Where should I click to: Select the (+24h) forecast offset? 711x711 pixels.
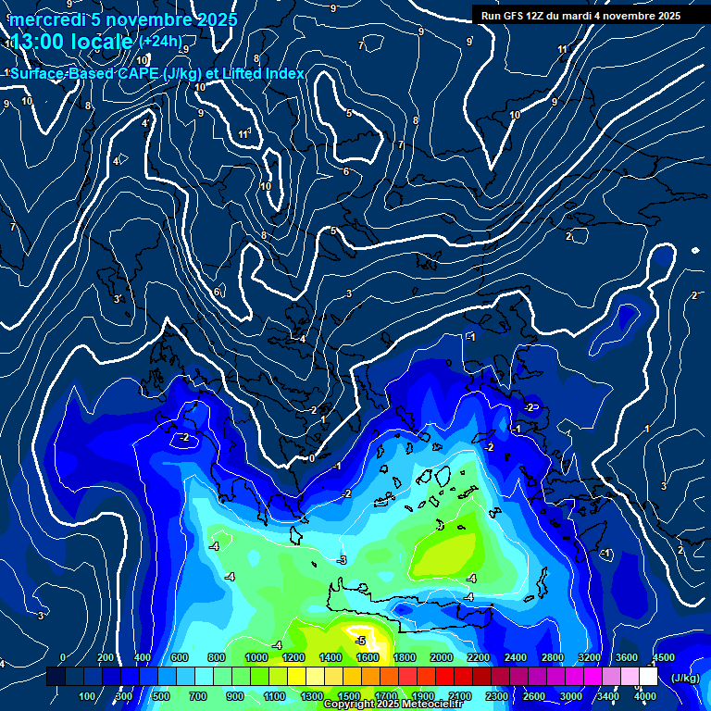coord(162,41)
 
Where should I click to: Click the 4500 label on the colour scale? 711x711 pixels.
coord(663,657)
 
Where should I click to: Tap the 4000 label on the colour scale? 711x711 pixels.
coord(645,696)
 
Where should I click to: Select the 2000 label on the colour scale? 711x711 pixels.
coord(441,657)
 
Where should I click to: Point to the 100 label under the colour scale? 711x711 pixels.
coord(88,696)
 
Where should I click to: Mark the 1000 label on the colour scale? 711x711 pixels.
coord(256,657)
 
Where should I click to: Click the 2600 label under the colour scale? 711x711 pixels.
coord(534,696)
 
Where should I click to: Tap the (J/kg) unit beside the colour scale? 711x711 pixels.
coord(685,678)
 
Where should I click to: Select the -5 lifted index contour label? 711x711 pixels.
coord(360,640)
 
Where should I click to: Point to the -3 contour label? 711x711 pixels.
coord(342,560)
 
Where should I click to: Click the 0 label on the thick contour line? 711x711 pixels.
coord(312,457)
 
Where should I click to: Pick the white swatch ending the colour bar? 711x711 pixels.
coord(648,677)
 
